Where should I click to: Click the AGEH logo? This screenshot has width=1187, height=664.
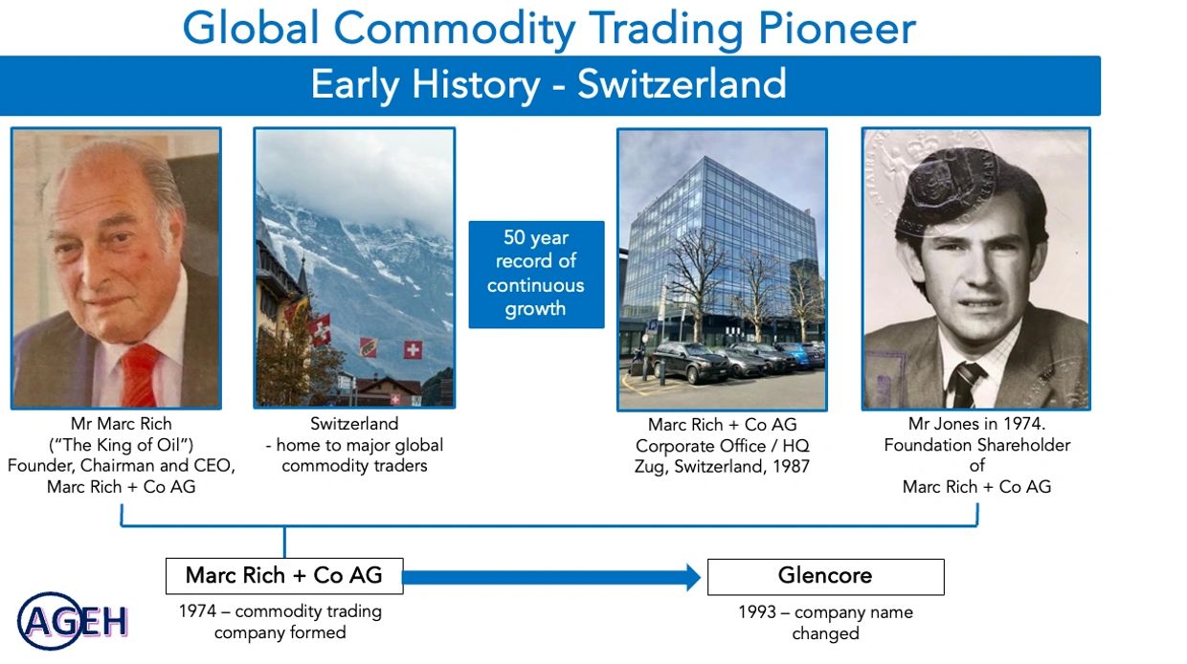pyautogui.click(x=73, y=621)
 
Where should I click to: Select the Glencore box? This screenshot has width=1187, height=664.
pyautogui.click(x=825, y=577)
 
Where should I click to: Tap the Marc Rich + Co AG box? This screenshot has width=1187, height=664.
pyautogui.click(x=284, y=576)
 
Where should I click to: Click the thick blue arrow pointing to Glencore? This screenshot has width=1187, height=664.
pyautogui.click(x=551, y=577)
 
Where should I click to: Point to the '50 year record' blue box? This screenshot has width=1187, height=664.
pyautogui.click(x=536, y=275)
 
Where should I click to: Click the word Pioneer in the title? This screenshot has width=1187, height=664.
pyautogui.click(x=837, y=28)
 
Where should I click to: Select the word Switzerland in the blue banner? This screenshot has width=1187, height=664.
pyautogui.click(x=682, y=84)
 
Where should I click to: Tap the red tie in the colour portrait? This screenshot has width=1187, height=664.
pyautogui.click(x=140, y=374)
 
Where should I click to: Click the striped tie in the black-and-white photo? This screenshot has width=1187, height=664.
pyautogui.click(x=965, y=385)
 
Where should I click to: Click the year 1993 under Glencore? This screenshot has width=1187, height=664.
pyautogui.click(x=757, y=612)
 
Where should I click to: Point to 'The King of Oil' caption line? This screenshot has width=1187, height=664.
pyautogui.click(x=121, y=445)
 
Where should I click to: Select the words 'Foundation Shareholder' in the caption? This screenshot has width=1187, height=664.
pyautogui.click(x=976, y=445)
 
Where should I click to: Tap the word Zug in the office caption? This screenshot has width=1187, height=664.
pyautogui.click(x=646, y=467)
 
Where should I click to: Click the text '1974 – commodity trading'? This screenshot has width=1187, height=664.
pyautogui.click(x=280, y=611)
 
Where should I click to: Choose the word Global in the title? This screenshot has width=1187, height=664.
pyautogui.click(x=251, y=28)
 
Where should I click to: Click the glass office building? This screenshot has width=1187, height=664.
pyautogui.click(x=721, y=249)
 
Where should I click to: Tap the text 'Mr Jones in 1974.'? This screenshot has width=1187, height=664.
pyautogui.click(x=976, y=424)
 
